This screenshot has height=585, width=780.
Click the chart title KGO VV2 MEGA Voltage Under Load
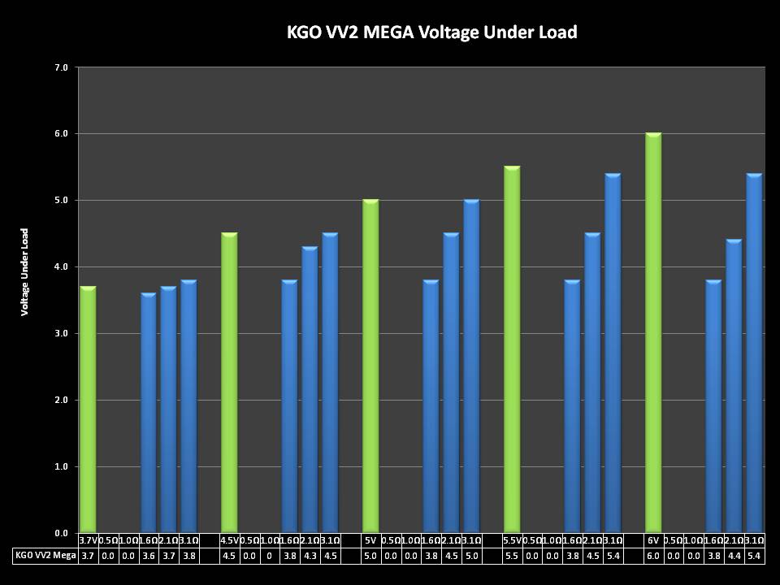pos(431,32)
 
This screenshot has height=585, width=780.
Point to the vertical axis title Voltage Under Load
pos(25,271)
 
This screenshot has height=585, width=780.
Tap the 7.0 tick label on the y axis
pos(61,67)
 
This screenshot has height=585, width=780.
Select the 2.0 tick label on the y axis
pos(61,400)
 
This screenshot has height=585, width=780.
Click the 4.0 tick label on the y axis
pos(61,266)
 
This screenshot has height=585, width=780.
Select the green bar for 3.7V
pos(88,409)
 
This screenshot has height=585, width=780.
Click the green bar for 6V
pos(653,333)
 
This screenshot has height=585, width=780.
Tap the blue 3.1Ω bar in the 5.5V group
pos(613,353)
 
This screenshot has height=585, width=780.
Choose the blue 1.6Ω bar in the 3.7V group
pos(149,413)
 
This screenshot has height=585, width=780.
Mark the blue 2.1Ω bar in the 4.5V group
pos(310,390)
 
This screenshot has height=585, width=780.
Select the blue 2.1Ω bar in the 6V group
pos(734,386)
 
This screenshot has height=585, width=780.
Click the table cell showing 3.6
pos(149,556)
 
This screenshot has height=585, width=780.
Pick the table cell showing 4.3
pos(310,556)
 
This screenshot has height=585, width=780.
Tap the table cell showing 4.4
pos(734,556)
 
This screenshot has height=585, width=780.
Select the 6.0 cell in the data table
pos(653,556)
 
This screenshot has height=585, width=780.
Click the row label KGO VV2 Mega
pos(45,556)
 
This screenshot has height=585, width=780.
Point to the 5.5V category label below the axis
pos(512,540)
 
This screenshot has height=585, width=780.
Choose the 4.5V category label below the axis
pos(229,540)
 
